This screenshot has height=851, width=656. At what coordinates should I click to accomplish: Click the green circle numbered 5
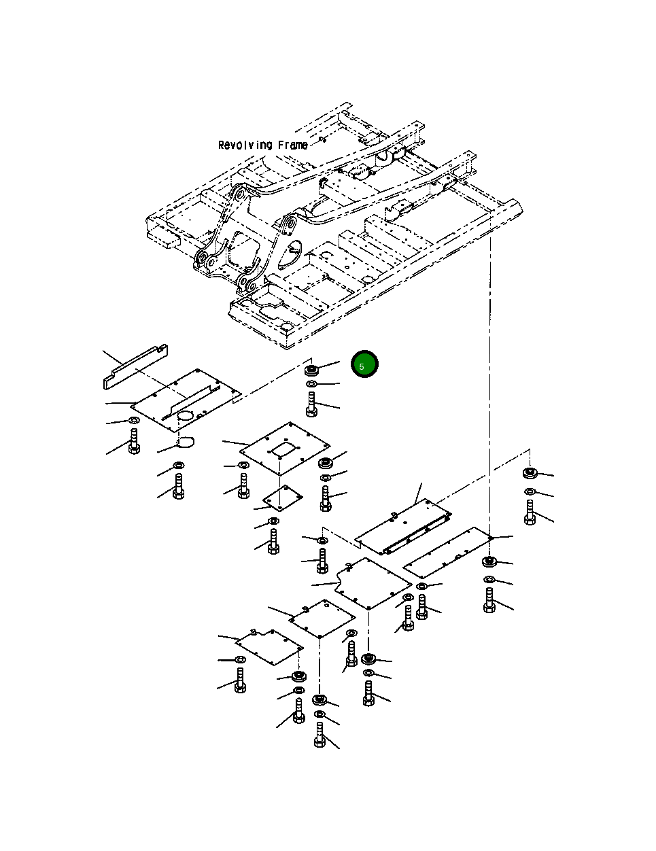point(364,365)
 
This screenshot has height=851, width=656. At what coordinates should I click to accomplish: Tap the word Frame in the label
point(293,145)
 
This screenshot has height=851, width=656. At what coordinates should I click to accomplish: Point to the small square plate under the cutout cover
point(281,498)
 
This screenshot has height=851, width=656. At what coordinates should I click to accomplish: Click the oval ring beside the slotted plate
point(186,443)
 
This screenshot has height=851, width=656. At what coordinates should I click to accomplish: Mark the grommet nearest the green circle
point(313,370)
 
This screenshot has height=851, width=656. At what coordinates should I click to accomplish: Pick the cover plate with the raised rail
point(404,527)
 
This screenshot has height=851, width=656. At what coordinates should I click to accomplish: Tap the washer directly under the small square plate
point(273,521)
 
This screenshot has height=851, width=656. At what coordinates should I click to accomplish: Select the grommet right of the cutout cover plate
point(326,463)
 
